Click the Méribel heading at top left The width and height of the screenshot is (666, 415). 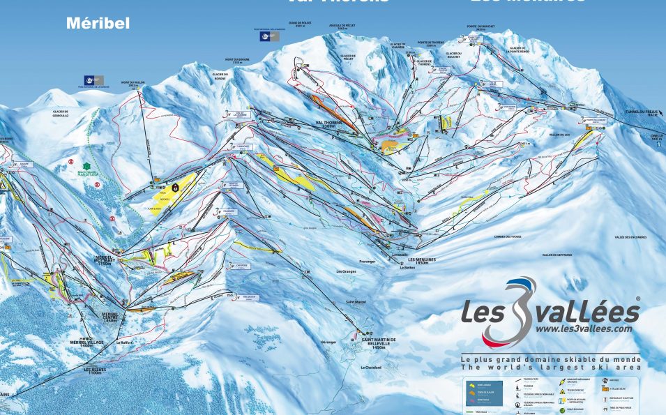(98, 23)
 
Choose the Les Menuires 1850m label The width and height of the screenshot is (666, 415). (421, 261)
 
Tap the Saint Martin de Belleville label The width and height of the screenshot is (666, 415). (379, 341)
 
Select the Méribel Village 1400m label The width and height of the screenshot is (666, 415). (86, 343)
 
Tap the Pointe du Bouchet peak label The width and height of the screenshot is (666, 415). (480, 28)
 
